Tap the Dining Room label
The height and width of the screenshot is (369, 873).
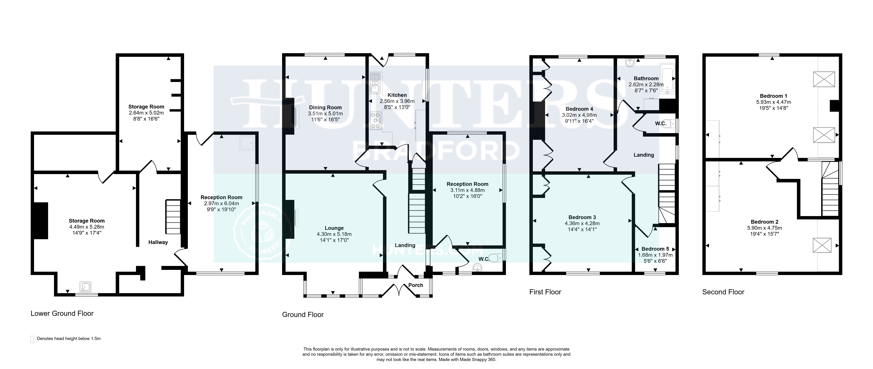click(325, 108)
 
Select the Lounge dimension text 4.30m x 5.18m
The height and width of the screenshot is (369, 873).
click(334, 234)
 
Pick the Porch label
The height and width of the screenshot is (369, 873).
click(416, 285)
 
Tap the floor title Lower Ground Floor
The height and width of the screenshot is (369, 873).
click(62, 314)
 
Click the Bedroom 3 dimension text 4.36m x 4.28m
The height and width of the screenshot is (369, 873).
click(582, 223)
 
